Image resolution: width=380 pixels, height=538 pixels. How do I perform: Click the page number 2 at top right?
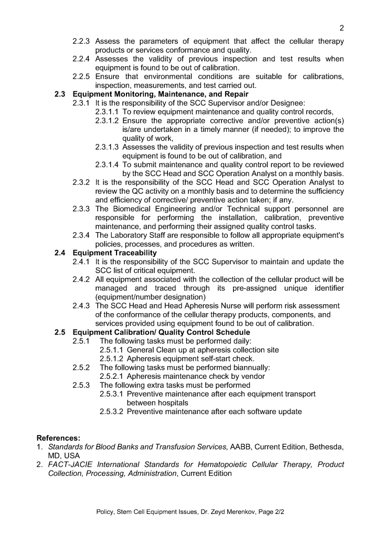coord(342,28)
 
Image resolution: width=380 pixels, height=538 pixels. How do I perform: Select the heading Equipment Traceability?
coord(114,253)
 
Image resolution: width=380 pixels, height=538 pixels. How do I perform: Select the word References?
coord(58,438)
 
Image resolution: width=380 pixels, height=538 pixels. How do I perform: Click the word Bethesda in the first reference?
coord(324,447)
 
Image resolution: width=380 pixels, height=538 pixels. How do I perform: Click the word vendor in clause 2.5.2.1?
coord(251,376)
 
